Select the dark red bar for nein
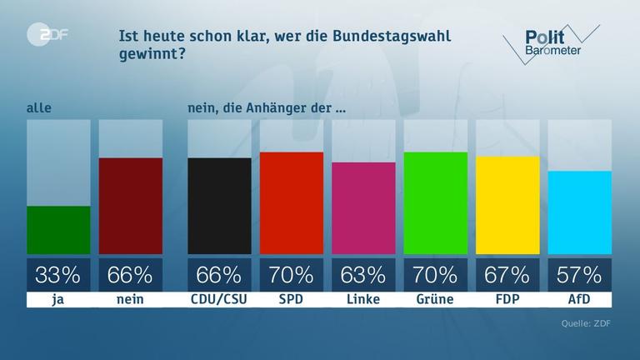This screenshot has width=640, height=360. tap(130, 206)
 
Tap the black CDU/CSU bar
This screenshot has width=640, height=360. tap(219, 206)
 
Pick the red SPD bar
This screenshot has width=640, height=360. tap(291, 202)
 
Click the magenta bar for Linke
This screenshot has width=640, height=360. tap(363, 207)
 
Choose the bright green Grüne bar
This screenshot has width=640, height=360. tap(435, 202)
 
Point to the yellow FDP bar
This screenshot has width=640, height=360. tap(507, 205)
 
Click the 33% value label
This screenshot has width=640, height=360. tap(58, 274)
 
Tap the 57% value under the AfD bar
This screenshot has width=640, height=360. tap(579, 274)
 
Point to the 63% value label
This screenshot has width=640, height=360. tap(363, 274)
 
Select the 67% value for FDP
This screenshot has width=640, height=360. tap(507, 274)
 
